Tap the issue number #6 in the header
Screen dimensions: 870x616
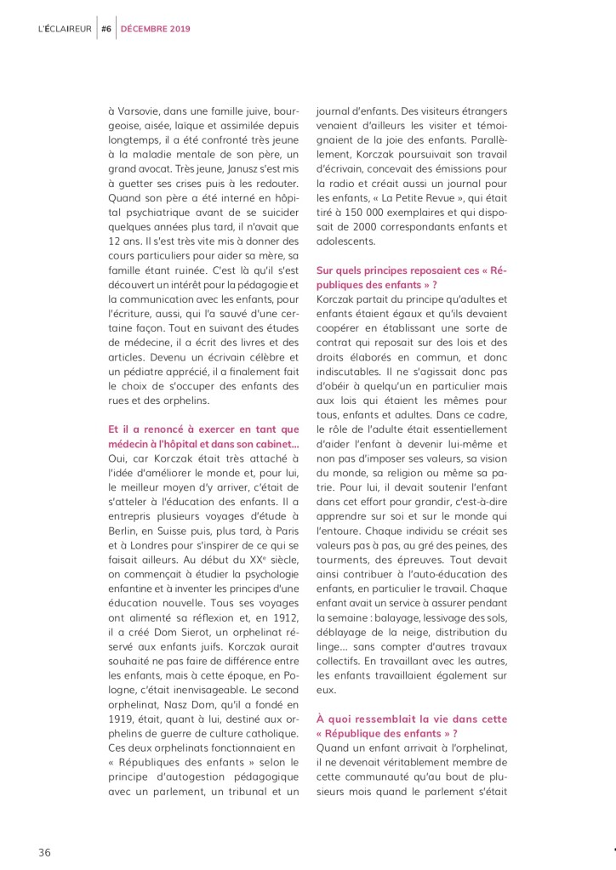(106, 28)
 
